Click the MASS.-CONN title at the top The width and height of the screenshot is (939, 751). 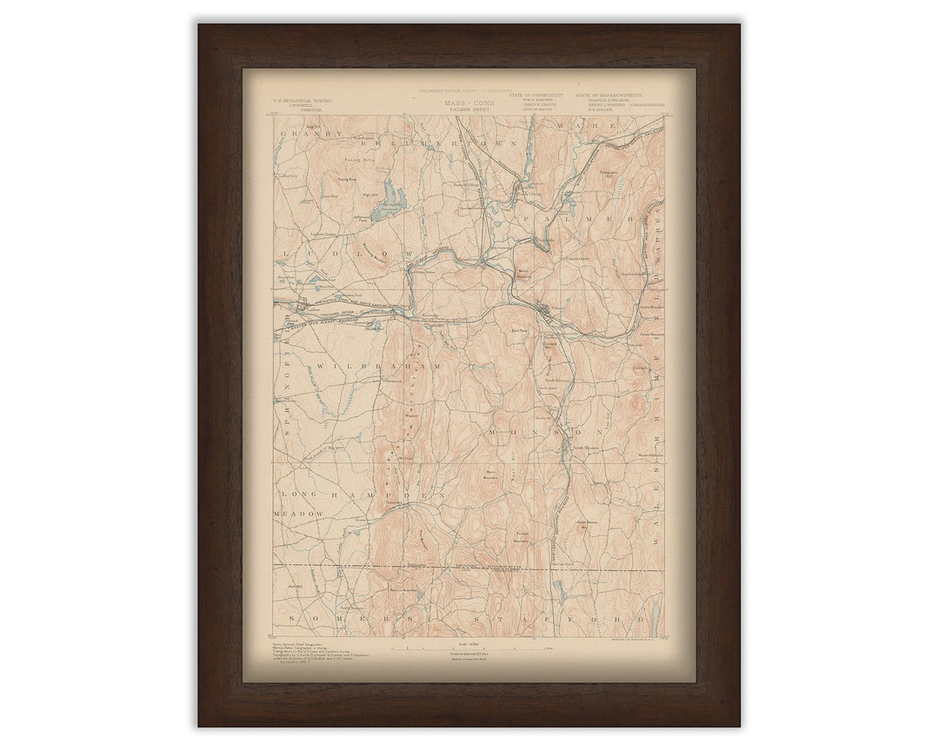[469, 103]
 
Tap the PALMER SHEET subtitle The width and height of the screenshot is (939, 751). [469, 110]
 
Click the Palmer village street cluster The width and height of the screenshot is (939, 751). [543, 310]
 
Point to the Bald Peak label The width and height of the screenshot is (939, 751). [520, 331]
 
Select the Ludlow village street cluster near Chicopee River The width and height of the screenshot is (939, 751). [300, 304]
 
